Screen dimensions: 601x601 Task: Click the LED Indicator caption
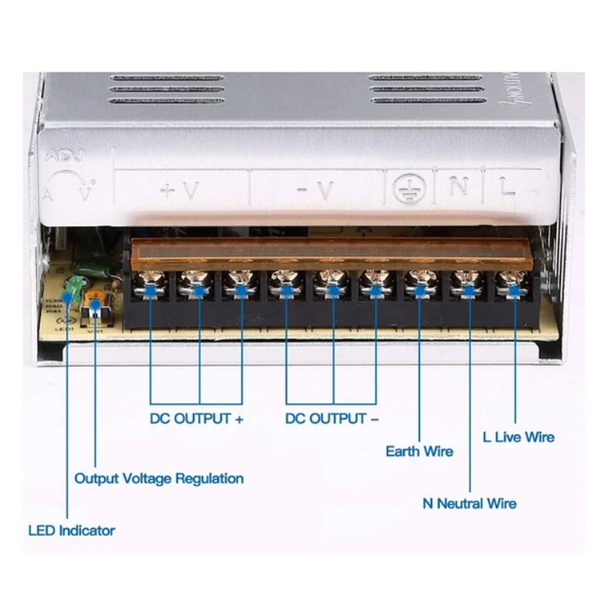click(x=71, y=530)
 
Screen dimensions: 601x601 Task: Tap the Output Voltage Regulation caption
click(x=159, y=478)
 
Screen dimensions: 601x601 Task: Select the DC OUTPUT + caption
click(x=196, y=418)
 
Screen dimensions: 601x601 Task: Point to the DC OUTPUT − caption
click(x=333, y=418)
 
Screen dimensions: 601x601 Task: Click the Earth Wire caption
click(x=419, y=451)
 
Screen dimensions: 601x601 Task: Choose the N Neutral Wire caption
click(x=470, y=503)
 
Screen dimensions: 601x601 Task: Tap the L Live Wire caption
click(x=518, y=437)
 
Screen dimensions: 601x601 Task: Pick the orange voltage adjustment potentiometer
click(x=95, y=304)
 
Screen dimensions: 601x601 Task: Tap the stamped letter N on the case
click(x=457, y=188)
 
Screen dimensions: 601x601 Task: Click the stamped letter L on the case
click(x=507, y=188)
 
